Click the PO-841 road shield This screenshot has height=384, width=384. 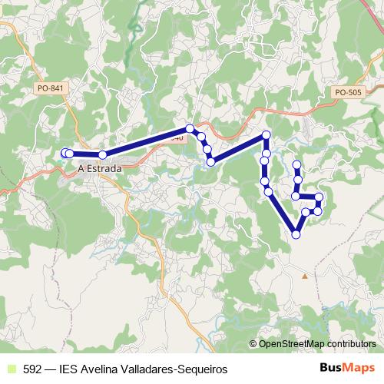pos(51,88)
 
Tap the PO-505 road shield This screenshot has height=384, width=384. pos(348,92)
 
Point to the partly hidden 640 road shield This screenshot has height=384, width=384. pos(177,138)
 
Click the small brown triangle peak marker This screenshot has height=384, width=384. pos(305,275)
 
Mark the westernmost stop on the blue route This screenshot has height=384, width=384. pos(65,154)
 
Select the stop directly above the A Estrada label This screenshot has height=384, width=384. pos(102,155)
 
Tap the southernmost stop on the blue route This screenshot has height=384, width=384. pos(296,234)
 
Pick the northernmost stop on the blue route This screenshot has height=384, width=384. pos(190,128)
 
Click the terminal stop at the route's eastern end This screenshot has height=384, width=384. pos(296,165)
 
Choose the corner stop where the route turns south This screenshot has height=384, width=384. pos(266,136)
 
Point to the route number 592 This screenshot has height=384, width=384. pos(33,369)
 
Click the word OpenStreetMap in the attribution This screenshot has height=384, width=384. pos(292,344)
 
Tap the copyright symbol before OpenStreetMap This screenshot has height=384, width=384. pos(254,344)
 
